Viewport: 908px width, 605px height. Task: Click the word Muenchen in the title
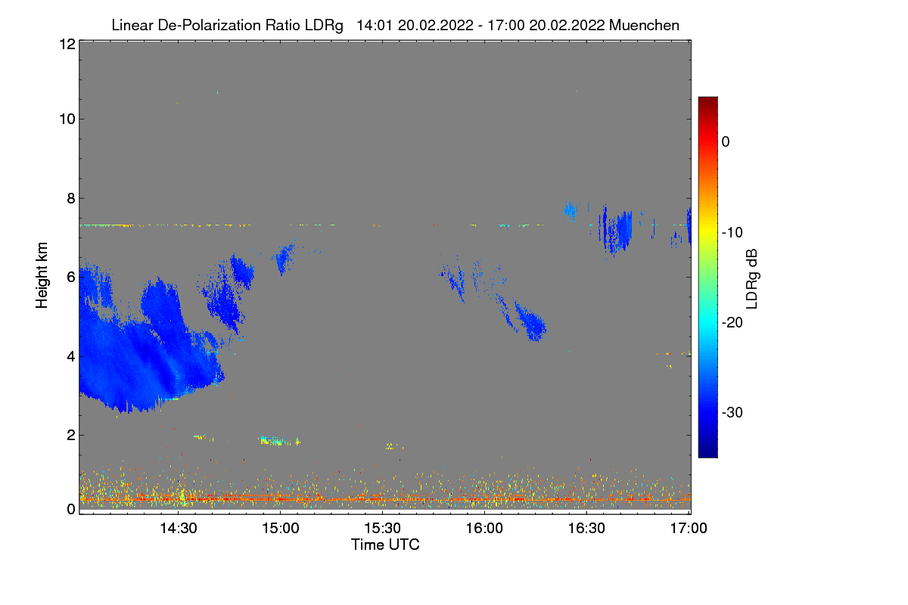pos(644,25)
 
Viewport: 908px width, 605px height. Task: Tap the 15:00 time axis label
pos(280,529)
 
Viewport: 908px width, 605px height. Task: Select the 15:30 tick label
pos(382,529)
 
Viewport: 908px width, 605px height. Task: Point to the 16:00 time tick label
pos(484,529)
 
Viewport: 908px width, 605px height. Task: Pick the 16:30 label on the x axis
pos(586,529)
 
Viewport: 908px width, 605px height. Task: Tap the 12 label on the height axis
pos(66,44)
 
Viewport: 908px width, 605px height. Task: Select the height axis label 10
pos(66,119)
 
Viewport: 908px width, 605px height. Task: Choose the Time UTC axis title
pos(385,544)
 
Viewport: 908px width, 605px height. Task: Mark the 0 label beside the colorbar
pos(726,141)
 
